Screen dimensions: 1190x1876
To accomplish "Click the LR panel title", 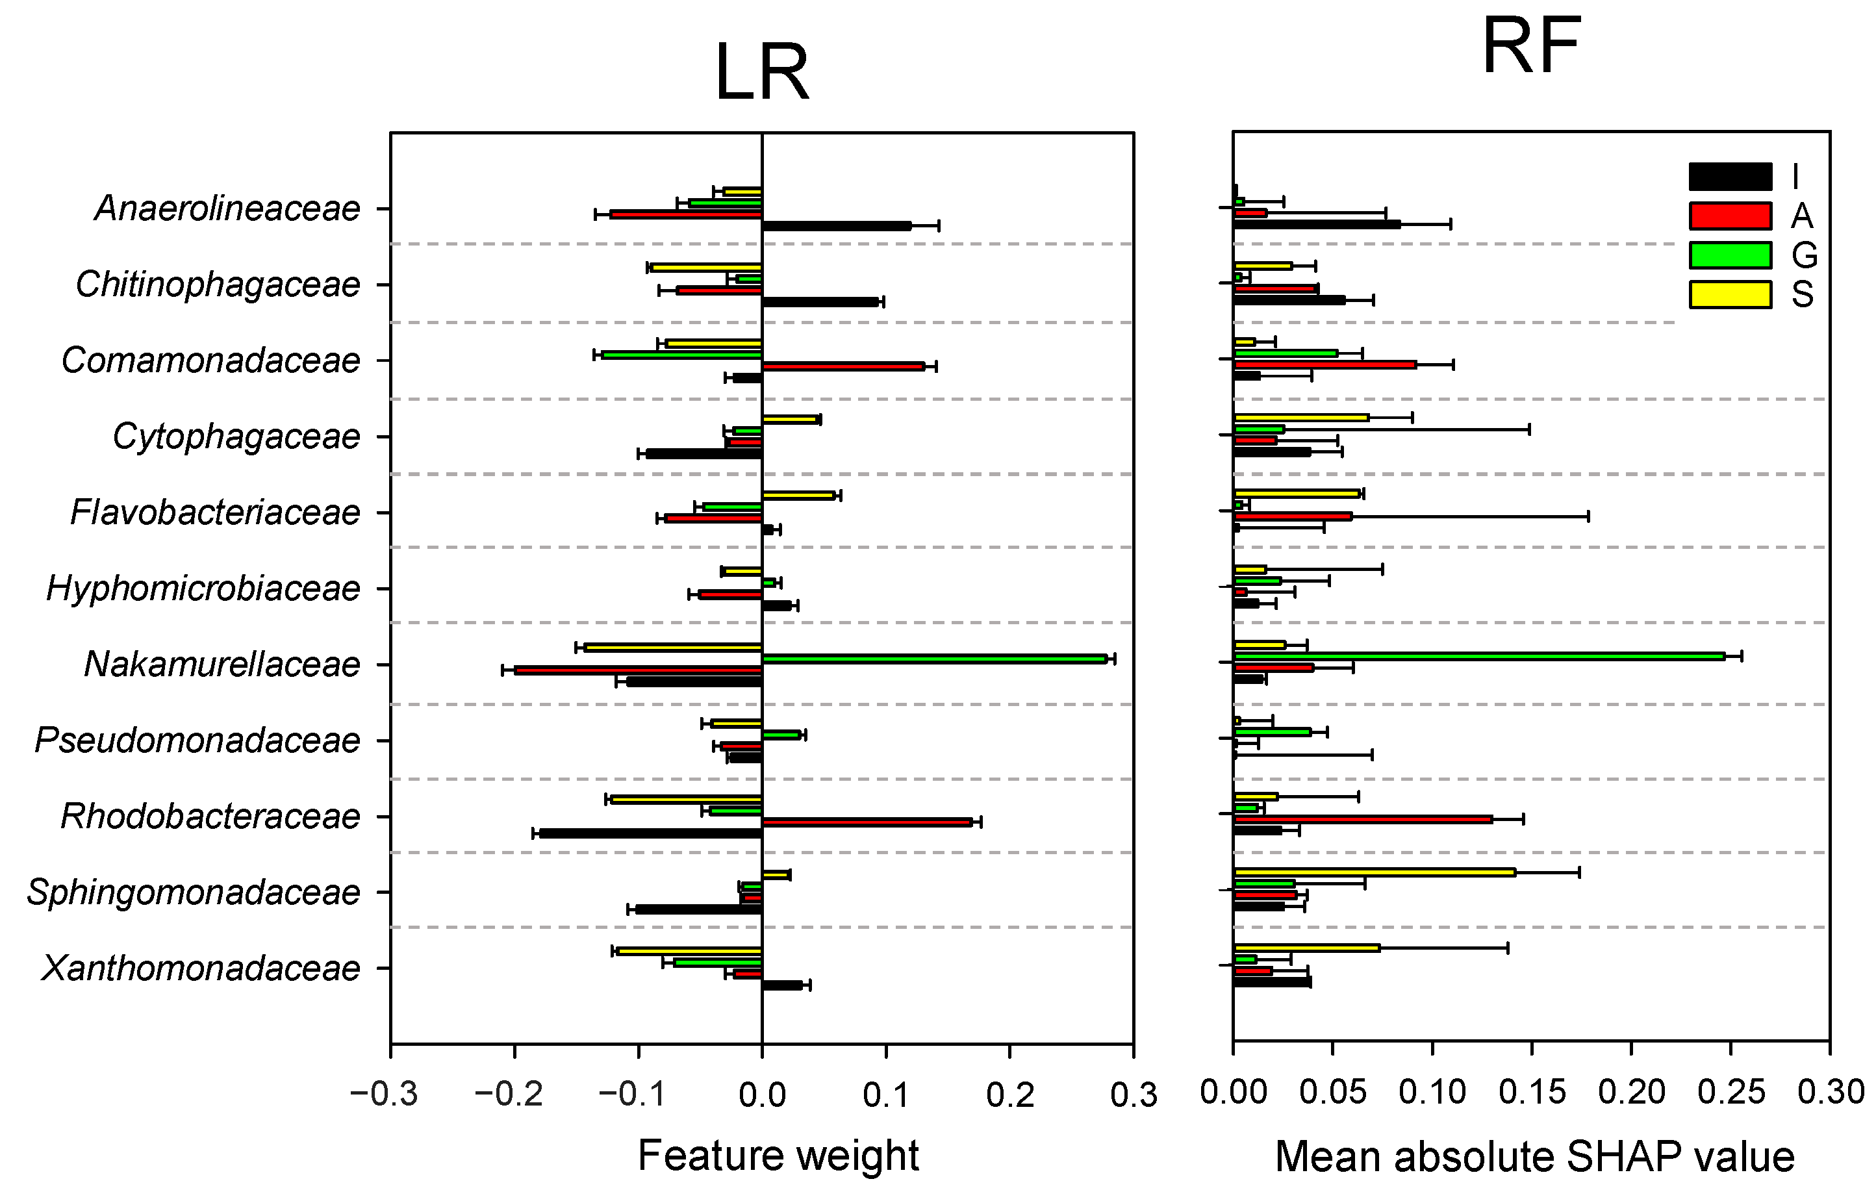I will pyautogui.click(x=761, y=73).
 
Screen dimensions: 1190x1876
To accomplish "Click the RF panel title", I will pyautogui.click(x=1531, y=47).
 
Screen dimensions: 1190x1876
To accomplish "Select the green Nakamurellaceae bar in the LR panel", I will pyautogui.click(x=934, y=659).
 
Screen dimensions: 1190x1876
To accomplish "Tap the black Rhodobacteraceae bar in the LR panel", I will pyautogui.click(x=650, y=833).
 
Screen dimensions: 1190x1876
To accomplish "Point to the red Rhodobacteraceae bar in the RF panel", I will pyautogui.click(x=1363, y=819).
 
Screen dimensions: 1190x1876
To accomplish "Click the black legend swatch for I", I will pyautogui.click(x=1730, y=177).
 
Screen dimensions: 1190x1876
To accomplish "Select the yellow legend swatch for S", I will pyautogui.click(x=1730, y=294).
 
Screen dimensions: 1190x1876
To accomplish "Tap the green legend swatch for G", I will pyautogui.click(x=1730, y=255).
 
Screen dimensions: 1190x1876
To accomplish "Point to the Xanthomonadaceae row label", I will pyautogui.click(x=200, y=968).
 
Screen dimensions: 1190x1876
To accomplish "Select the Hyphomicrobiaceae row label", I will pyautogui.click(x=203, y=589).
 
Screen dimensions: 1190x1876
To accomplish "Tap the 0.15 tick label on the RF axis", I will pyautogui.click(x=1532, y=1092).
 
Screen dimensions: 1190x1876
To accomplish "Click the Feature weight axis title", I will pyautogui.click(x=778, y=1155).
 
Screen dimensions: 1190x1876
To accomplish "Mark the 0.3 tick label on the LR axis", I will pyautogui.click(x=1133, y=1095).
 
